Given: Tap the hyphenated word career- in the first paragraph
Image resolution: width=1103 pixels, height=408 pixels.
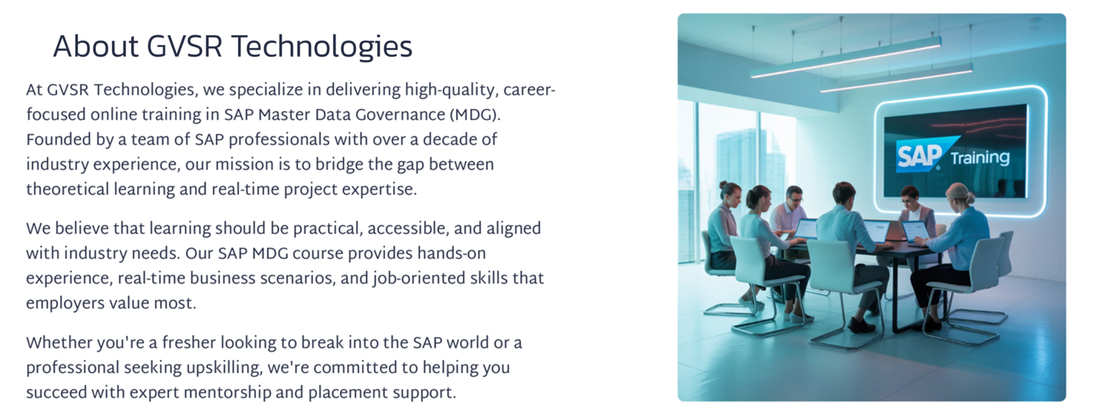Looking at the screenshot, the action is [x=529, y=90].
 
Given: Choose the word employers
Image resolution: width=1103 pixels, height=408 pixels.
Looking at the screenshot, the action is [x=65, y=303].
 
